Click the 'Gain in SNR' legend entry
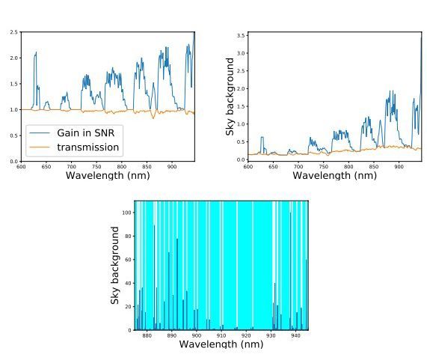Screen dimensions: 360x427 pos(87,132)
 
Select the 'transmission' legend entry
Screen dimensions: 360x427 pos(87,147)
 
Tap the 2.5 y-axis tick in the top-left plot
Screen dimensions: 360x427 pos(14,32)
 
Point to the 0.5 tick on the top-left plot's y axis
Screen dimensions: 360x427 pos(14,135)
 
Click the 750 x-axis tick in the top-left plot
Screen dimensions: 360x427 pos(96,166)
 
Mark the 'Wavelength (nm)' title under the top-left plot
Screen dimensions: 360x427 pos(108,175)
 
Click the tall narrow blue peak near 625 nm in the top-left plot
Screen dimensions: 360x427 pos(34,54)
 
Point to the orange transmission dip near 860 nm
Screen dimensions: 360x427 pos(153,118)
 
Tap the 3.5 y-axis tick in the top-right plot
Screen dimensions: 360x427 pos(242,35)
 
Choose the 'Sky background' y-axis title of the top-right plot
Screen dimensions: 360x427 pos(231,97)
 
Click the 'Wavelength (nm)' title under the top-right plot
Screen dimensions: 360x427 pos(334,175)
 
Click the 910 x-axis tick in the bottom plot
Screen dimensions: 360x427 pos(221,335)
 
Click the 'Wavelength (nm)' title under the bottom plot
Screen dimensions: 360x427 pos(221,344)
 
